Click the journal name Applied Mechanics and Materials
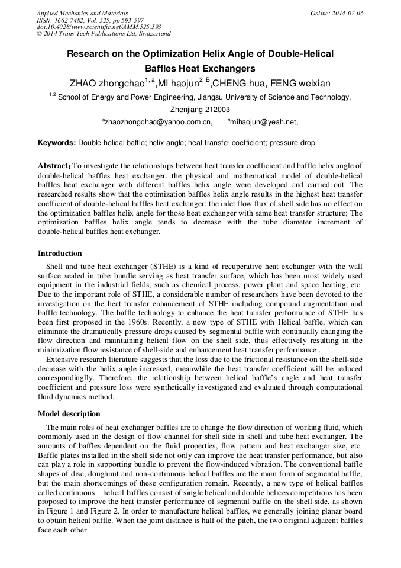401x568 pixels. [x=82, y=13]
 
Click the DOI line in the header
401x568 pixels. [x=99, y=27]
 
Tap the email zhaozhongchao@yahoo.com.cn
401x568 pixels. [x=158, y=122]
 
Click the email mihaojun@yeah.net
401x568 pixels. [x=264, y=122]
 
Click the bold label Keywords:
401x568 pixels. [x=57, y=143]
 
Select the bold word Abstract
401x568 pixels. [x=54, y=166]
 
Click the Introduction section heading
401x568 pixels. [x=60, y=253]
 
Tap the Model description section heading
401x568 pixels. [x=69, y=413]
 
